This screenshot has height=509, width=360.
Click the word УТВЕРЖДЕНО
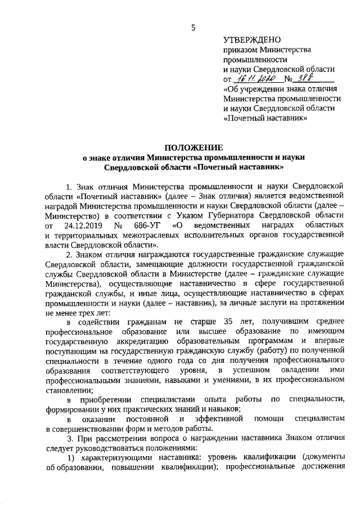coord(251,40)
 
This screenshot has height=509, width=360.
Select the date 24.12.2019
coord(85,226)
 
